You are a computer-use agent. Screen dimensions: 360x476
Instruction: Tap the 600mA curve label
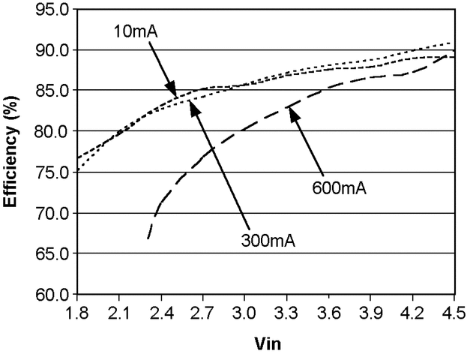click(x=340, y=186)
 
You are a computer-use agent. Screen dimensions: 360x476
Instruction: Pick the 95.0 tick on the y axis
click(x=52, y=10)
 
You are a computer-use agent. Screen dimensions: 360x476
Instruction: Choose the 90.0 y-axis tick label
click(x=52, y=50)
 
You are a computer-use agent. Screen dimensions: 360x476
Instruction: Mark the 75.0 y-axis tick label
click(x=52, y=172)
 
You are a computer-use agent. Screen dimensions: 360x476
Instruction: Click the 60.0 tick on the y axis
click(x=52, y=295)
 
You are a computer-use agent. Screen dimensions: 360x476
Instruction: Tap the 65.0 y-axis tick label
click(x=52, y=254)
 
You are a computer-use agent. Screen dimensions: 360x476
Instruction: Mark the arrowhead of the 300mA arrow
click(x=191, y=103)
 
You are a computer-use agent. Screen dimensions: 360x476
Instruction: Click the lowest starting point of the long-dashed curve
click(x=148, y=238)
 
